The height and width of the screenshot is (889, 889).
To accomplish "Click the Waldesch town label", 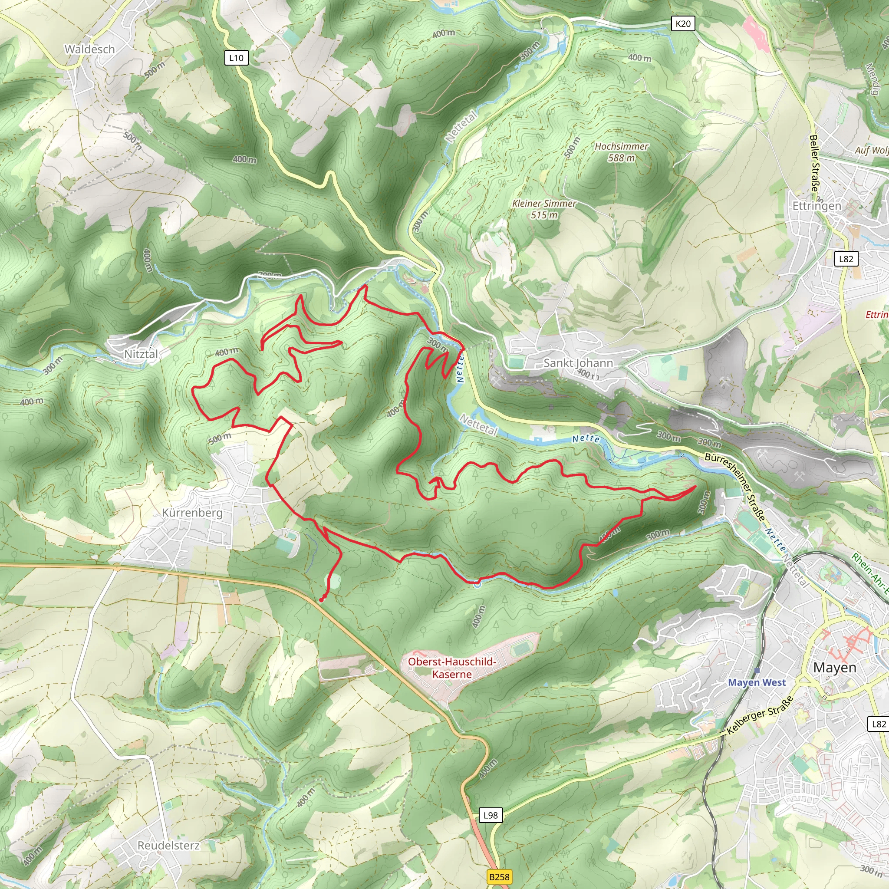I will pyautogui.click(x=89, y=49).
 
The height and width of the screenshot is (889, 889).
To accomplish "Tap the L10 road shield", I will pyautogui.click(x=236, y=58).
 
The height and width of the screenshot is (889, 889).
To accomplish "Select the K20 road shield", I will pyautogui.click(x=683, y=23).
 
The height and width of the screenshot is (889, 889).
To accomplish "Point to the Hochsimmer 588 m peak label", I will pyautogui.click(x=621, y=152).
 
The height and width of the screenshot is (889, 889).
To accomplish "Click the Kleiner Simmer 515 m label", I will pyautogui.click(x=544, y=209).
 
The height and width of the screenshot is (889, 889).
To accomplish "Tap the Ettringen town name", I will pyautogui.click(x=817, y=206).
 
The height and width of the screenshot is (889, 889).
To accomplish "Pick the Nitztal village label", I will pyautogui.click(x=141, y=354).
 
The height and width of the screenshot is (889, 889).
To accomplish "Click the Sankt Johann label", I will pyautogui.click(x=578, y=362).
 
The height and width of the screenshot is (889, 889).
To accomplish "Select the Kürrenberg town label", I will pyautogui.click(x=192, y=512).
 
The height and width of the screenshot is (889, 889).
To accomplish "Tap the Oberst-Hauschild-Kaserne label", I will pyautogui.click(x=452, y=668).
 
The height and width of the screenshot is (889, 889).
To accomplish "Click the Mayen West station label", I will pyautogui.click(x=757, y=682).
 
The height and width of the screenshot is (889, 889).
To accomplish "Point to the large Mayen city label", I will pyautogui.click(x=835, y=667).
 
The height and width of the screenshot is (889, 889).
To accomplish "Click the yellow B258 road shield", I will pyautogui.click(x=499, y=876).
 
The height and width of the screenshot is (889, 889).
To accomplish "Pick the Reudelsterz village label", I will pyautogui.click(x=168, y=845).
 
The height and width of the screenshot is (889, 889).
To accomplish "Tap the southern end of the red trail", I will pyautogui.click(x=321, y=600).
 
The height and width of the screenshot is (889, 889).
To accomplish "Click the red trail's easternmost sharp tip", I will pyautogui.click(x=695, y=486).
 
